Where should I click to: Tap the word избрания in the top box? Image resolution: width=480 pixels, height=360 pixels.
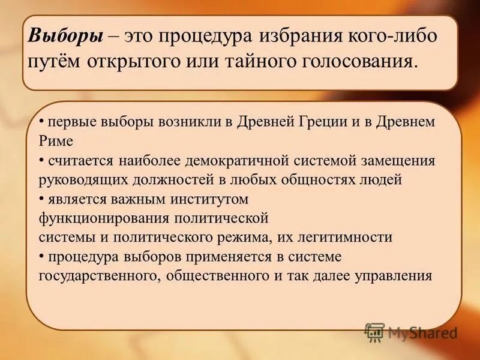pos(298,35)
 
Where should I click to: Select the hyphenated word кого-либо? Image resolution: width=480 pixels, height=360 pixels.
pos(392,35)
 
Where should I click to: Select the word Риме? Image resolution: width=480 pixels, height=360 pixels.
pos(56,142)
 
